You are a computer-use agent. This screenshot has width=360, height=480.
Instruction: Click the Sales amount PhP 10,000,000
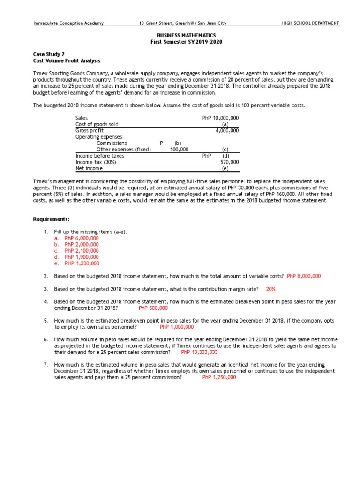[220, 118]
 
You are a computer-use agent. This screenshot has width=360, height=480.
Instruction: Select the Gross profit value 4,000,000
[227, 130]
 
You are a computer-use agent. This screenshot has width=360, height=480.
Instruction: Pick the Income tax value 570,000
[229, 162]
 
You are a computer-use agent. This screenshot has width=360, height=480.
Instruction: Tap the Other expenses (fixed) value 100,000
[179, 149]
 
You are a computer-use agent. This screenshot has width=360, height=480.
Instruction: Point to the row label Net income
[89, 168]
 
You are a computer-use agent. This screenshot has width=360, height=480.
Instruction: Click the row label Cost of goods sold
[97, 124]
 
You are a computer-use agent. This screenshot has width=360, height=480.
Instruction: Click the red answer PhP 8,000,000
[304, 276]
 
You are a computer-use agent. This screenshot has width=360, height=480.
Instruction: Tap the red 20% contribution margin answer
[270, 289]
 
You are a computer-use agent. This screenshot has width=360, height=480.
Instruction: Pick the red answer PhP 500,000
[153, 308]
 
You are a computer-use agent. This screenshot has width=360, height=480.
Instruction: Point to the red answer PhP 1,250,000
[219, 377]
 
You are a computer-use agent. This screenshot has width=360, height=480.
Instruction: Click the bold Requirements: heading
[51, 219]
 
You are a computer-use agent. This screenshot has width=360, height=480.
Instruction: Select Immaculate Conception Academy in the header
[68, 23]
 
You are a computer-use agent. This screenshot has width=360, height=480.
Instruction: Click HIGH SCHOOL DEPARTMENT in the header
[310, 23]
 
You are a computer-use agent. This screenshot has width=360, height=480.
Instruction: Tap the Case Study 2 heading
[49, 54]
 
